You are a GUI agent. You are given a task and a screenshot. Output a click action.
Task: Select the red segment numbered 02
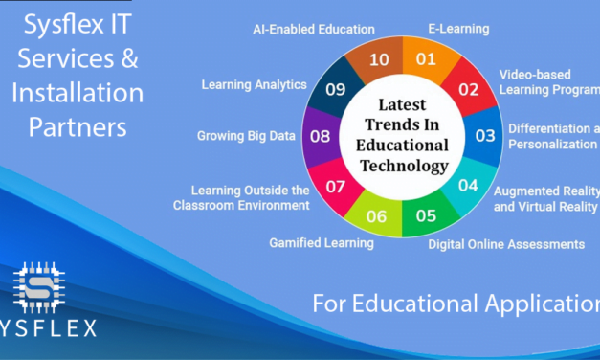pyautogui.click(x=468, y=89)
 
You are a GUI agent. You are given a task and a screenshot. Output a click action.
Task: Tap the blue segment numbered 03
pyautogui.click(x=485, y=135)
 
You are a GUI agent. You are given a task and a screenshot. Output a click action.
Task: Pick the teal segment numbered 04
pyautogui.click(x=468, y=185)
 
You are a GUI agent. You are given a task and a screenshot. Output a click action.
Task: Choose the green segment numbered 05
pyautogui.click(x=426, y=214)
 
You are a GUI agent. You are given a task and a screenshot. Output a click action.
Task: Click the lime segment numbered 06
pyautogui.click(x=376, y=215)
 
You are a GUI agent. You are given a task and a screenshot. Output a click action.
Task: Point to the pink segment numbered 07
pyautogui.click(x=335, y=185)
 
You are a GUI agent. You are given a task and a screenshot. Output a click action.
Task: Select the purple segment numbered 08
pyautogui.click(x=320, y=136)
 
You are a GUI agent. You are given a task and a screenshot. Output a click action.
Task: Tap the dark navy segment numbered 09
pyautogui.click(x=335, y=89)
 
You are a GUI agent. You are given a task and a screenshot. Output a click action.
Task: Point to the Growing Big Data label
pyautogui.click(x=246, y=136)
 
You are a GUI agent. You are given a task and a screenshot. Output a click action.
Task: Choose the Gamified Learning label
pyautogui.click(x=322, y=242)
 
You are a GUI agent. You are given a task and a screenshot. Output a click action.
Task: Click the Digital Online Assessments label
pyautogui.click(x=506, y=244)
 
